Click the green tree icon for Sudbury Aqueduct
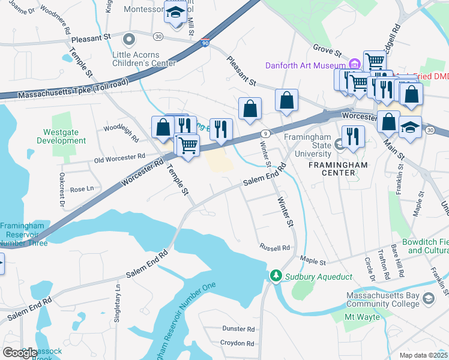tap(276, 275)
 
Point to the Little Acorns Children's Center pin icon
tap(128, 40)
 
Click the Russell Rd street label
tap(275, 247)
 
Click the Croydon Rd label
tap(237, 343)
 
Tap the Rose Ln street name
tap(82, 189)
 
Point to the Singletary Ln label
tap(118, 302)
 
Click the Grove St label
tap(327, 49)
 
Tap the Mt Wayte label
tap(361, 316)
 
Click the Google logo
tap(20, 353)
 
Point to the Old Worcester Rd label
tap(120, 157)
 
